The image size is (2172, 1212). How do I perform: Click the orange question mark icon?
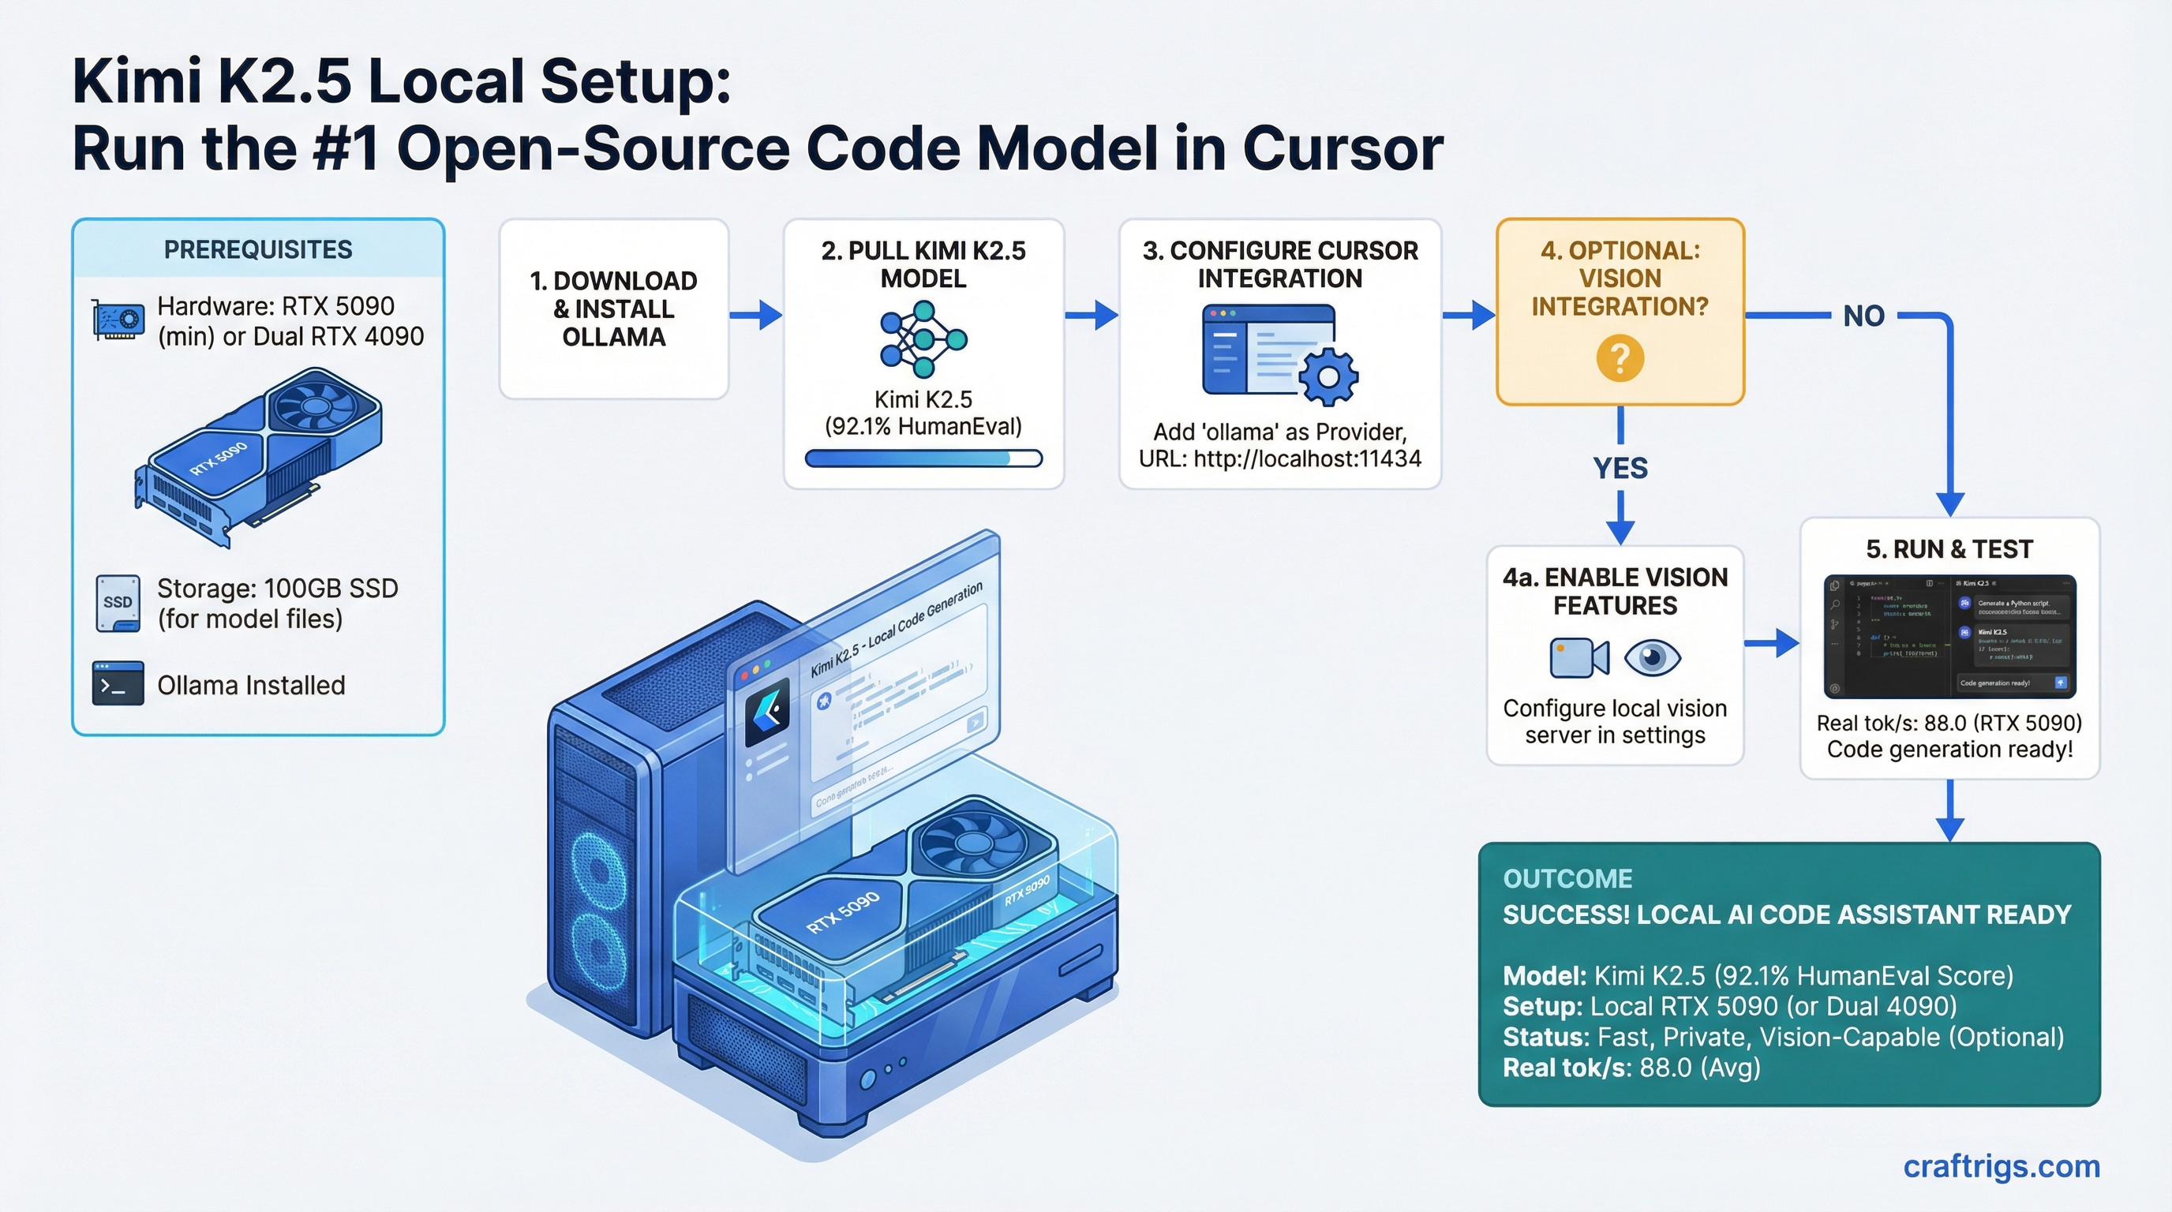point(1619,358)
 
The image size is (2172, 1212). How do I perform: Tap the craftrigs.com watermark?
point(2001,1166)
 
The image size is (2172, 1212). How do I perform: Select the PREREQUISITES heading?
point(258,249)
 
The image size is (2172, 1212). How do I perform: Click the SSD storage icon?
point(117,603)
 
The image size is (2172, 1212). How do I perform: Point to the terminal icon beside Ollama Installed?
point(117,683)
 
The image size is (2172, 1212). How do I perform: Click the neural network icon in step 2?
point(923,339)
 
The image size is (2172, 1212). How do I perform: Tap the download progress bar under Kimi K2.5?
point(923,458)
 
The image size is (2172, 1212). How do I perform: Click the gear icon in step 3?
point(1328,376)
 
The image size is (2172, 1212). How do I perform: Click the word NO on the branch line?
point(1863,316)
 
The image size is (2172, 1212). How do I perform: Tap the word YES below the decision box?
point(1620,468)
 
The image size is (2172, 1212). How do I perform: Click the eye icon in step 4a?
point(1653,657)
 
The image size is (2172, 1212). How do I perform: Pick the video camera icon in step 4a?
point(1578,657)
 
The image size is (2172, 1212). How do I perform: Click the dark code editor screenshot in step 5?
point(1949,636)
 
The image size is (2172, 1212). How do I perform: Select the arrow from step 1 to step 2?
point(755,315)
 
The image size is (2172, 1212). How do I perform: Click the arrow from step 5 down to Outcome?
point(1950,811)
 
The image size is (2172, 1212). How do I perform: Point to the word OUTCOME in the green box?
point(1567,878)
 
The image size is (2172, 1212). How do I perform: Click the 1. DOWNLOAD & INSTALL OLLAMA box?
point(613,309)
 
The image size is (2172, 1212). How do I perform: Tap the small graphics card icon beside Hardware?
point(117,320)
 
